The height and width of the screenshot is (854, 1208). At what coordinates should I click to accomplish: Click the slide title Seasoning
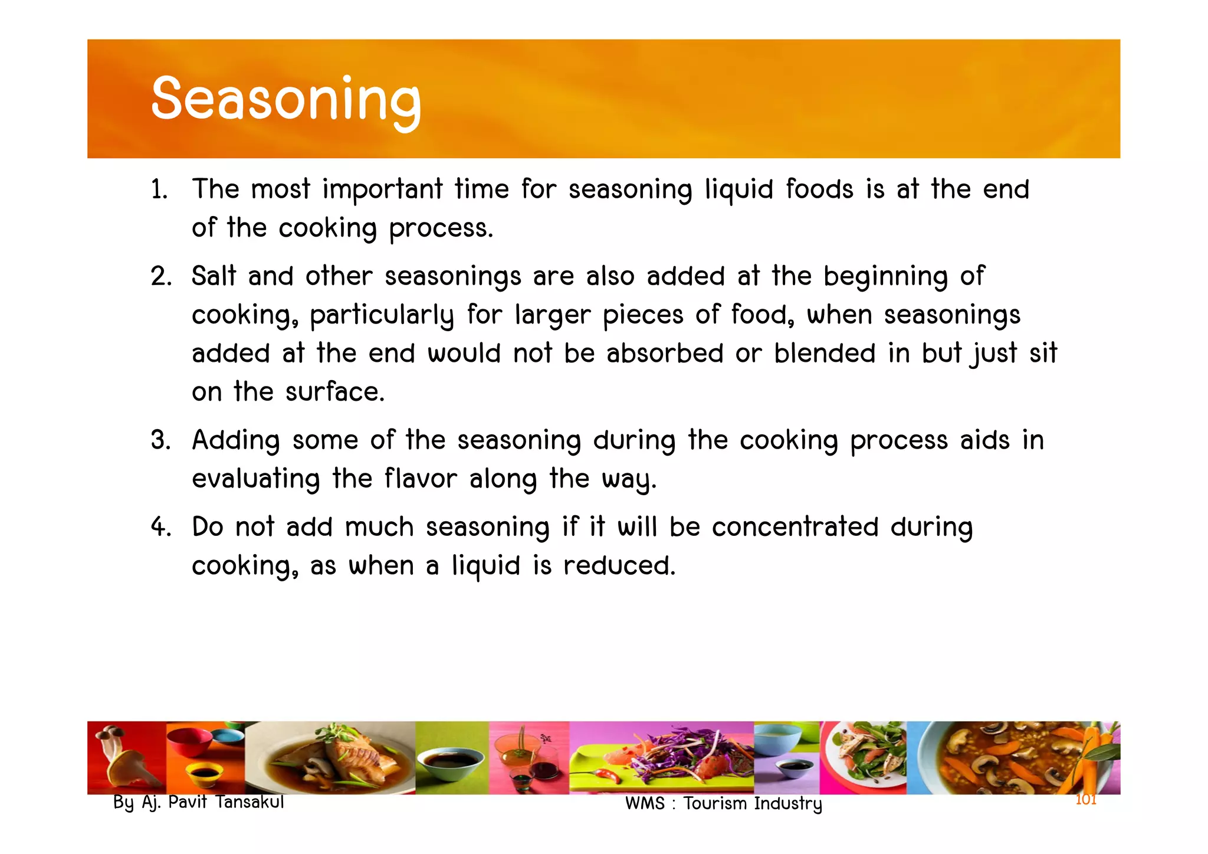point(286,99)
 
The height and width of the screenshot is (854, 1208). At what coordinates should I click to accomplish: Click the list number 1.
point(159,190)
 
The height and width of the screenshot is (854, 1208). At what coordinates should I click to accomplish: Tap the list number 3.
point(160,440)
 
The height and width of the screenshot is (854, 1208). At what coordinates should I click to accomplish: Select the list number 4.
point(160,527)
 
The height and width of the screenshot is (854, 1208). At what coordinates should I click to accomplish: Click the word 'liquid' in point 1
point(738,190)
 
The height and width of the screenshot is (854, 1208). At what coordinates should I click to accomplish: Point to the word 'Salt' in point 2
point(214,276)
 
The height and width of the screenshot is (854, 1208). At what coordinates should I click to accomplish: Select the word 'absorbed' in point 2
point(664,354)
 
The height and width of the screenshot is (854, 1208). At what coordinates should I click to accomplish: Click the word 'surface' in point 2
point(334,392)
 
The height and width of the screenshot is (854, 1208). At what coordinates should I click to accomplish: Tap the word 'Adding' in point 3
point(236,441)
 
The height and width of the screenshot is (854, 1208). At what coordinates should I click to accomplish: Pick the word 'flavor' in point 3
point(421,479)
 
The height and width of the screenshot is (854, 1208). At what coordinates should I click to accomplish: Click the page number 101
point(1085,800)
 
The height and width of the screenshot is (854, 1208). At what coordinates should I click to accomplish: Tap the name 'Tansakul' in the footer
point(250,802)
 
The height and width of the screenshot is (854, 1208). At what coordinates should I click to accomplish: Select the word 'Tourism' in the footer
point(715,803)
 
